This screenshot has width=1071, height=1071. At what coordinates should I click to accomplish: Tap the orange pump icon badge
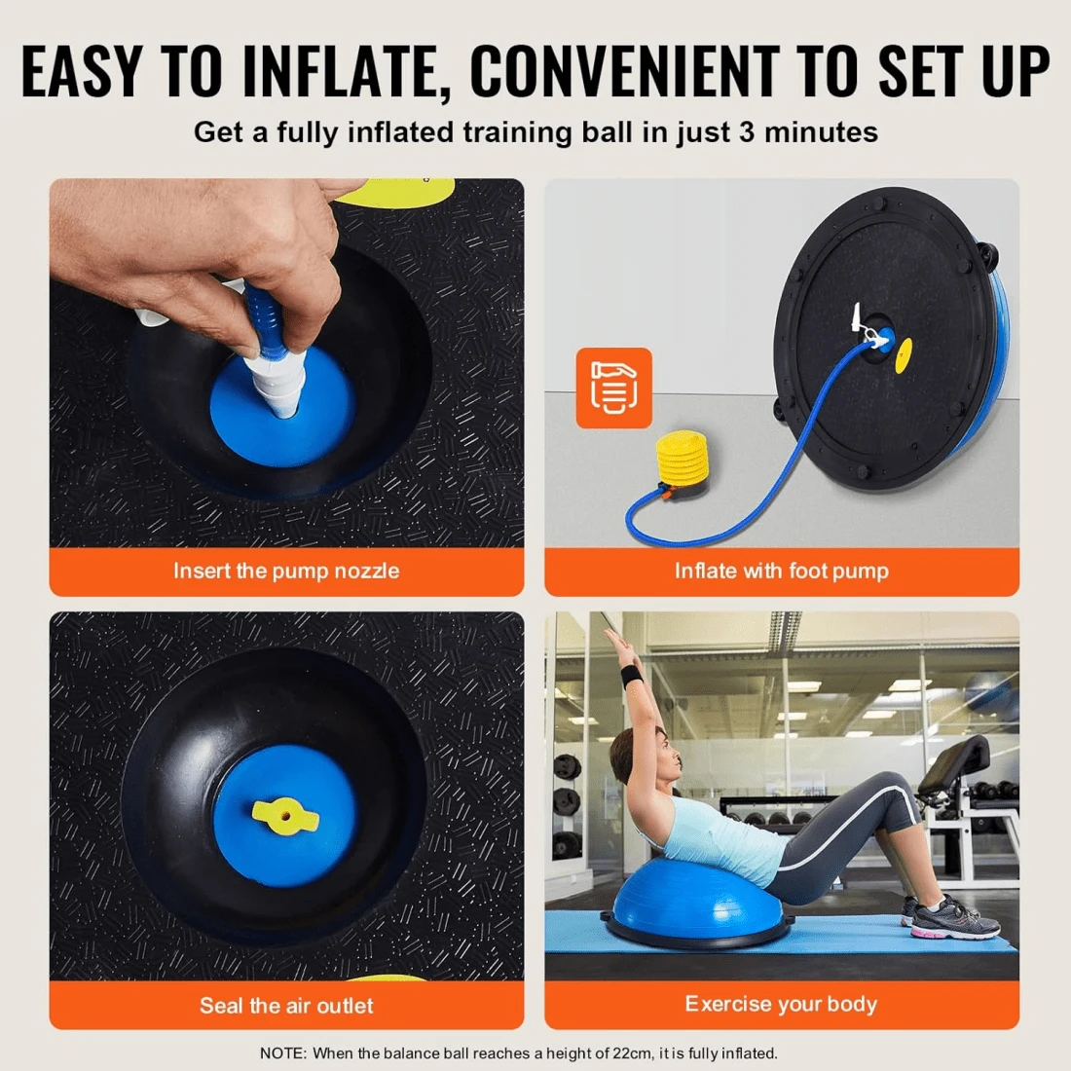613,388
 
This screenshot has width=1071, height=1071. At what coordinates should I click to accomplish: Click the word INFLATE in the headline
346,71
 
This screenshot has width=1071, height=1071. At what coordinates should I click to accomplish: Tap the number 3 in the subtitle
747,132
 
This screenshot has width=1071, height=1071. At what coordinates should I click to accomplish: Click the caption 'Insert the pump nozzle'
286,572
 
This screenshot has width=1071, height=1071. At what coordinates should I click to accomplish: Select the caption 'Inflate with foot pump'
781,572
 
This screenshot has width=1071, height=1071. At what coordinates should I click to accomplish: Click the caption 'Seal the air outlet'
286,1006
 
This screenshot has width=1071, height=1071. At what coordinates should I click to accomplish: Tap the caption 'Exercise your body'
781,1004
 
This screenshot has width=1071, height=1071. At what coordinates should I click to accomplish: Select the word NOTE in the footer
282,1053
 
